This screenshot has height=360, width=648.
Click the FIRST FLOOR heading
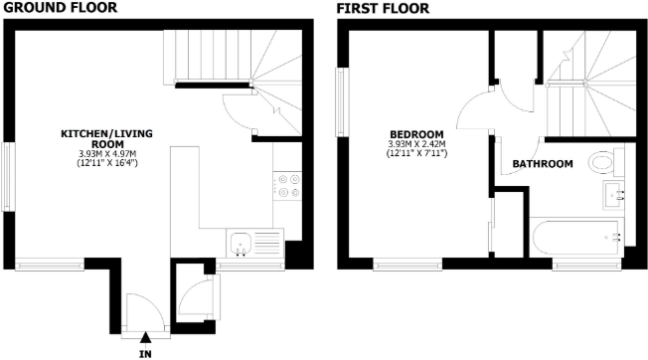(383, 8)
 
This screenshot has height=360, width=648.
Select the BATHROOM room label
(542, 164)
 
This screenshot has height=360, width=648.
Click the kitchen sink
(243, 242)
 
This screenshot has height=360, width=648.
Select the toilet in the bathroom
(602, 163)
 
